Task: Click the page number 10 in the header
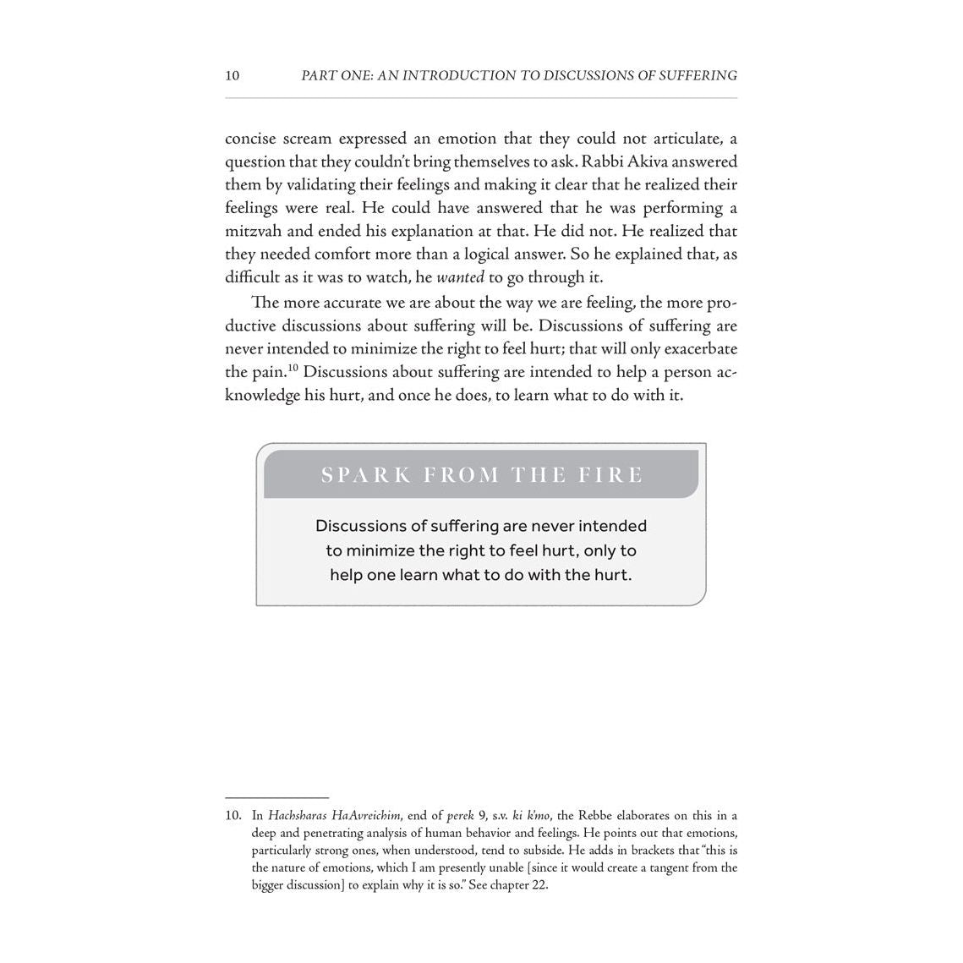233,76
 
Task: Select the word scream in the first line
304,139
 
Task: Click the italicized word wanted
460,277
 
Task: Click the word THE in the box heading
540,475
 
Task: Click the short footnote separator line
276,797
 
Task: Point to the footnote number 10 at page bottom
233,816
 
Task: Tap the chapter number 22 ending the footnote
539,885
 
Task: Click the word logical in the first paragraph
505,254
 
